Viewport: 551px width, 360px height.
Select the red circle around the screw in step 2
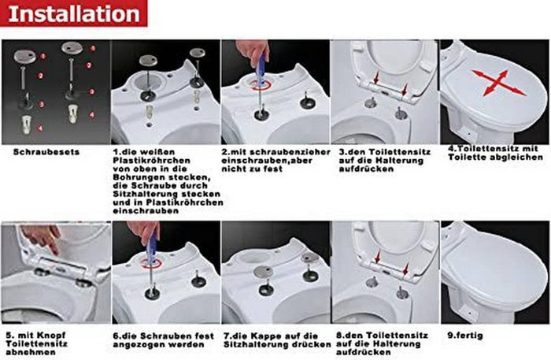[261, 82]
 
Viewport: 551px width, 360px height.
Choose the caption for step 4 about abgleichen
[495, 152]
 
